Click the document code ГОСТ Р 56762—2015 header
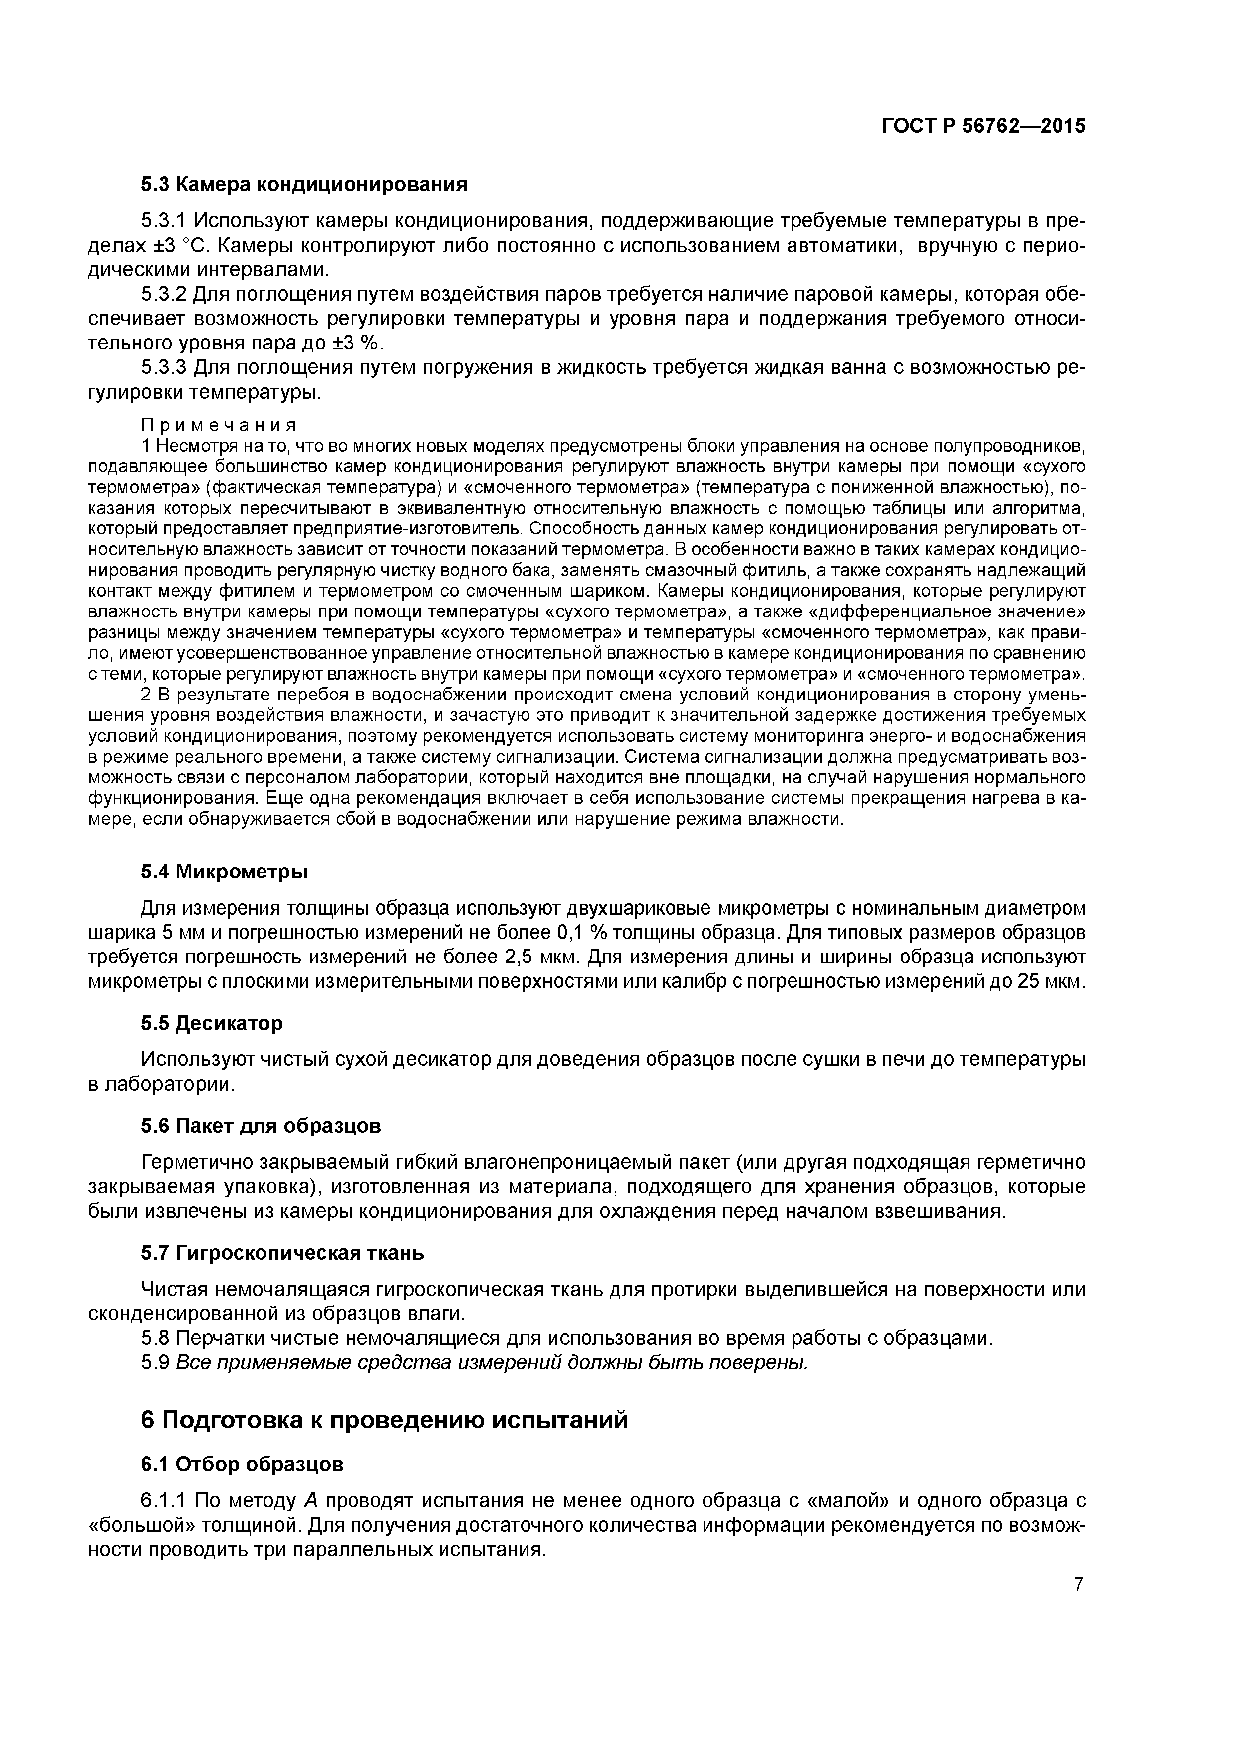[x=984, y=126]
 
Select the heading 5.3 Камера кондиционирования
[x=303, y=184]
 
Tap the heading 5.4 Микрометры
[x=224, y=871]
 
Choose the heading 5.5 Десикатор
[x=211, y=1023]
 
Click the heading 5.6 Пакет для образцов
[x=261, y=1125]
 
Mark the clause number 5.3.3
[x=164, y=367]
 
